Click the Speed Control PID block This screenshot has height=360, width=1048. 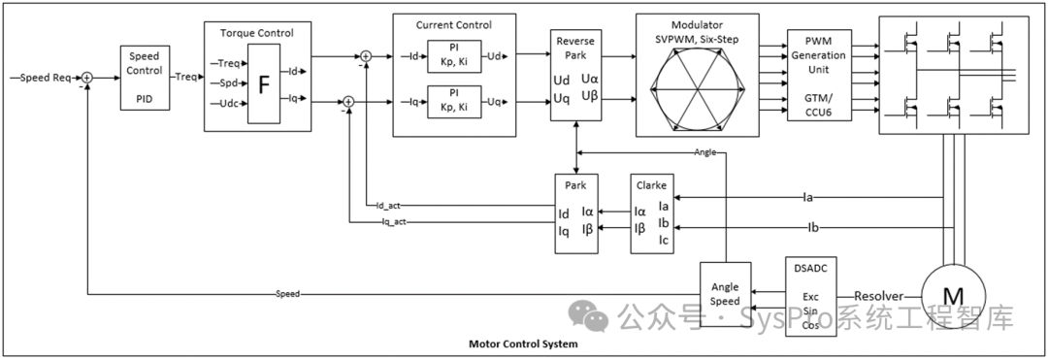(145, 78)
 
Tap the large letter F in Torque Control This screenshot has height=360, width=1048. (264, 84)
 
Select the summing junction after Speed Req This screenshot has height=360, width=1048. (87, 79)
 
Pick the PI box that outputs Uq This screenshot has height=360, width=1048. (454, 102)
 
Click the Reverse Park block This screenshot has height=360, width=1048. (575, 75)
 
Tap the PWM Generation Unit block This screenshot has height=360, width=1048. (819, 75)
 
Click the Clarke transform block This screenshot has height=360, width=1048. (652, 213)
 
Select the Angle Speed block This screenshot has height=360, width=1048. (725, 294)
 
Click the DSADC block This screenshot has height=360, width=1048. (810, 295)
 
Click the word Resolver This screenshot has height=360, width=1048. (879, 296)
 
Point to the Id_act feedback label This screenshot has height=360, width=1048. (388, 205)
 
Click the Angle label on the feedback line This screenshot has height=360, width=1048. (705, 152)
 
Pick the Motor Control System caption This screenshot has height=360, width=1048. (523, 344)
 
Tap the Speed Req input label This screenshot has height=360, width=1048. (46, 79)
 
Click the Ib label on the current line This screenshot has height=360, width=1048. (813, 228)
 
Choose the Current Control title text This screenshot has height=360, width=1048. (454, 25)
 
